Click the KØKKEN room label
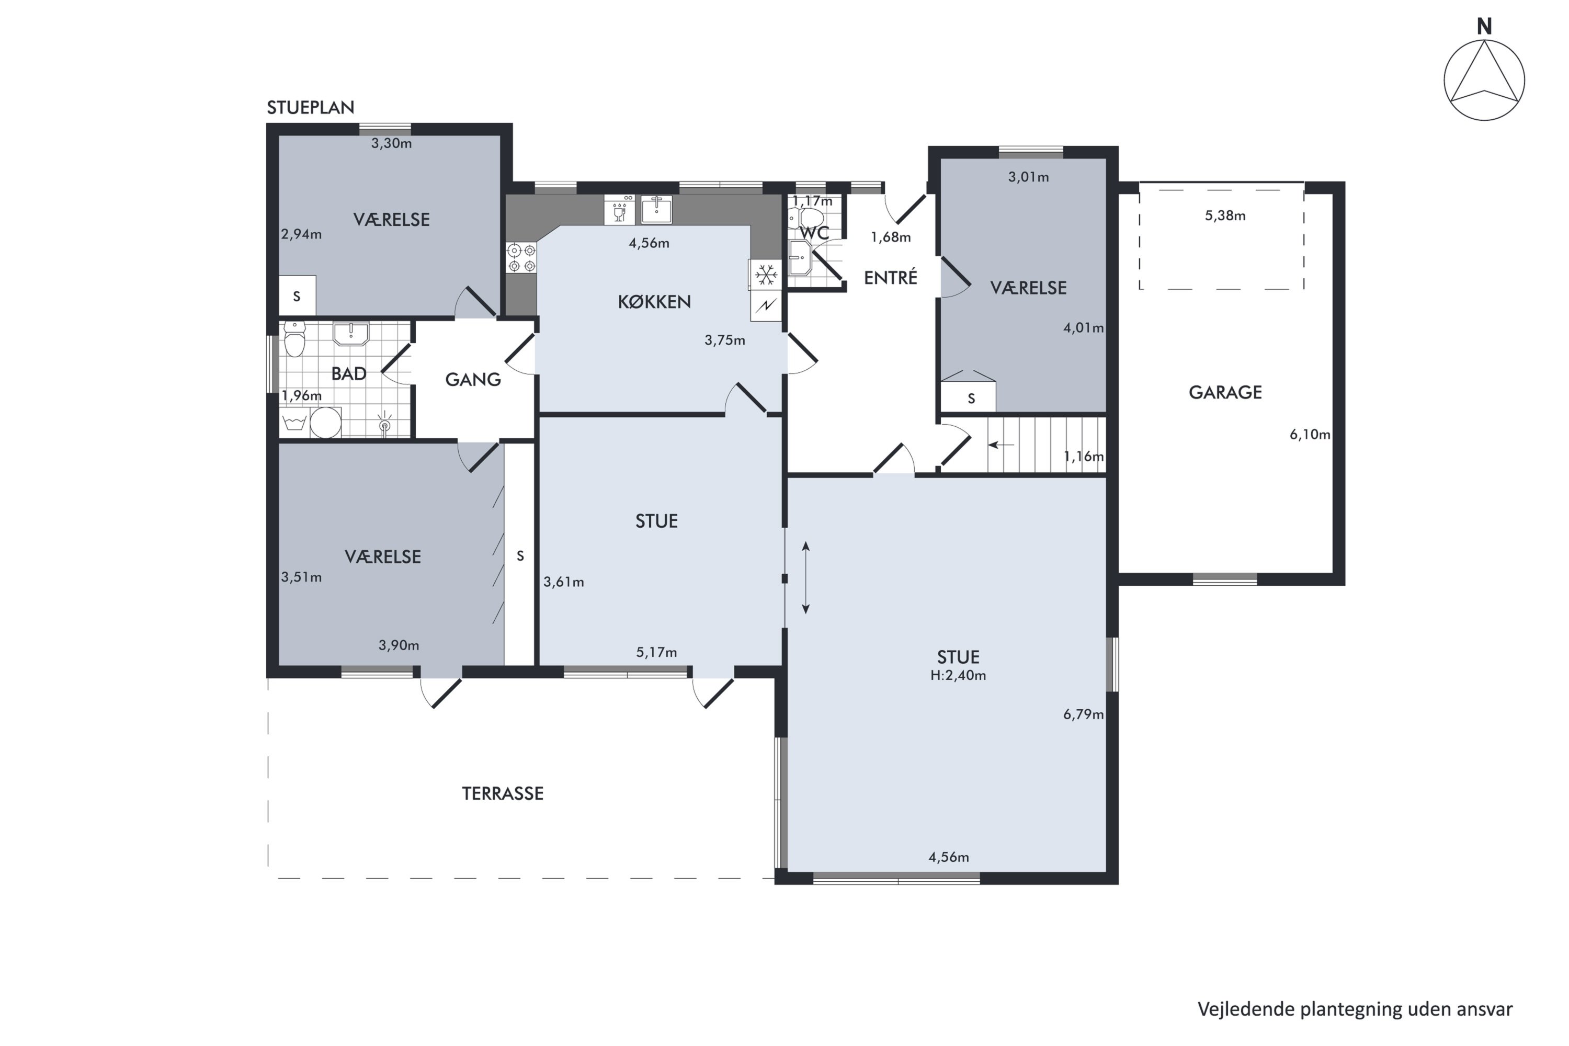(x=654, y=302)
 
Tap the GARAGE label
(x=1225, y=392)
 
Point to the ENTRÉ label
(x=891, y=278)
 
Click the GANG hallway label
(x=473, y=380)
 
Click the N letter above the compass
(x=1484, y=27)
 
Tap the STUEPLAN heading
(x=310, y=107)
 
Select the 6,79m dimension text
(x=1083, y=714)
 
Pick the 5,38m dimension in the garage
(x=1225, y=215)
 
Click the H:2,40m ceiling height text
(x=958, y=675)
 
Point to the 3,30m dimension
(x=392, y=143)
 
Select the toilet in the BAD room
(x=294, y=339)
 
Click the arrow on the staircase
(x=1000, y=445)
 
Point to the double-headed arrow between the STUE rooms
(x=806, y=578)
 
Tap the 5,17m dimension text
(x=656, y=652)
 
